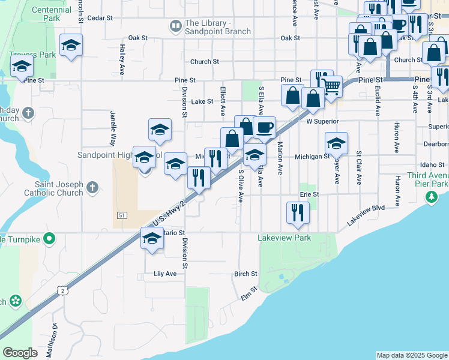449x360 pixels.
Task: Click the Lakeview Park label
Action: pyautogui.click(x=285, y=238)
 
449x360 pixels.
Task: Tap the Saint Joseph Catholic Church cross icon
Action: pyautogui.click(x=92, y=188)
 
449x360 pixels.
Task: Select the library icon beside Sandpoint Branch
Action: pyautogui.click(x=175, y=26)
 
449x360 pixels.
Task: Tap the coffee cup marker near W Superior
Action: pyautogui.click(x=264, y=127)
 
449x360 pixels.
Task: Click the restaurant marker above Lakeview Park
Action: pyautogui.click(x=298, y=212)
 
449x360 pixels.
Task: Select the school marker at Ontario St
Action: pyautogui.click(x=152, y=239)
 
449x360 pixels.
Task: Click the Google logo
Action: pyautogui.click(x=20, y=353)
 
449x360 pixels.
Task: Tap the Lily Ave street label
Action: pyautogui.click(x=165, y=274)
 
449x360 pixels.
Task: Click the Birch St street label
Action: pyautogui.click(x=246, y=274)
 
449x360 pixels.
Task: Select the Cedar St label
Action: pyautogui.click(x=100, y=18)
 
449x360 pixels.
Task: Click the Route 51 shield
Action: pyautogui.click(x=121, y=214)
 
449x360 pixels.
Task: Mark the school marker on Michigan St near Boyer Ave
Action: pyautogui.click(x=336, y=143)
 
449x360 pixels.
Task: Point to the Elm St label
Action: pyautogui.click(x=249, y=293)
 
